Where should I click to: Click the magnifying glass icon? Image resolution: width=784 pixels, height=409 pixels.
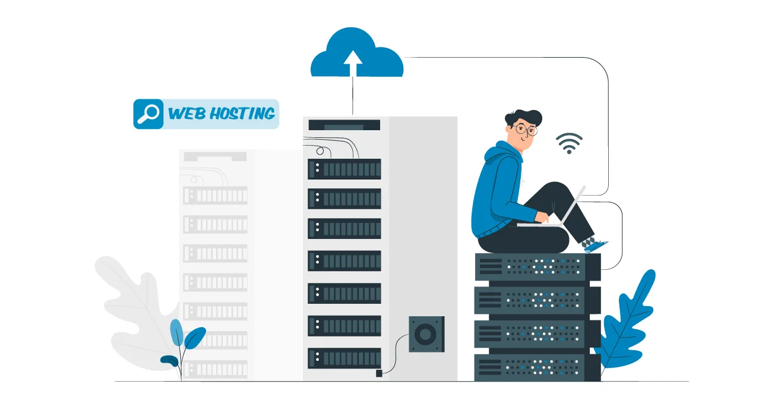click(x=147, y=114)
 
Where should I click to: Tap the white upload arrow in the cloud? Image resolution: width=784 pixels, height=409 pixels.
click(x=353, y=62)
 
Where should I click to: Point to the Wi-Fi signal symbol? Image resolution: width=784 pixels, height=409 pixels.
click(x=568, y=143)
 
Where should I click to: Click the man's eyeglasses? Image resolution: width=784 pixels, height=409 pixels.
click(x=526, y=128)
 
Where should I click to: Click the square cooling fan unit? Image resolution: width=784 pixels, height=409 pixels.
click(x=426, y=335)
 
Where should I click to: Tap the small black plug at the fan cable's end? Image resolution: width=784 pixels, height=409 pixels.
click(x=379, y=373)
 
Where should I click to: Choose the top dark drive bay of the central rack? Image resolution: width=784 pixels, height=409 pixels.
click(x=344, y=169)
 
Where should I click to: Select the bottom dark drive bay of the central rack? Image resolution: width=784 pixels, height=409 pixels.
click(x=344, y=358)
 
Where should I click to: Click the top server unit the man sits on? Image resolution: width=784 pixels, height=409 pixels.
click(x=537, y=267)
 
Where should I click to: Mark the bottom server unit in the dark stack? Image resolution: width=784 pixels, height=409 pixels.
click(x=537, y=367)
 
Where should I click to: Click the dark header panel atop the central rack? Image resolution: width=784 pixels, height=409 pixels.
click(x=344, y=125)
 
